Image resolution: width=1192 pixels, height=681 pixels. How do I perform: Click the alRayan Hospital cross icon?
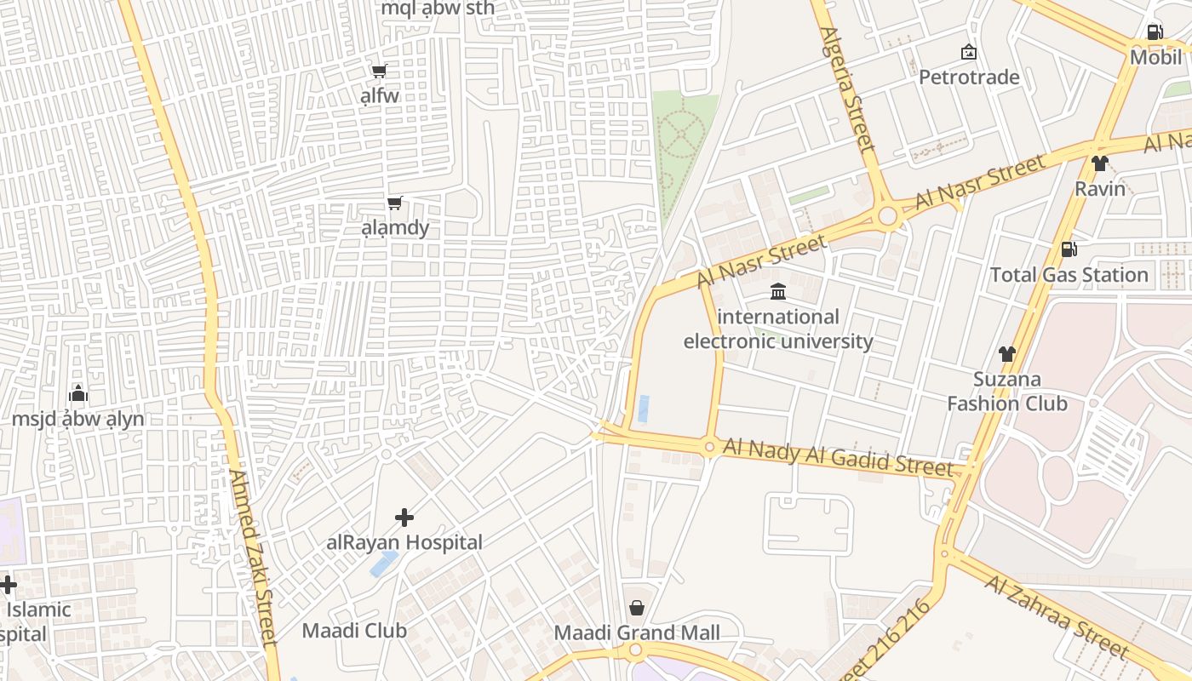404,517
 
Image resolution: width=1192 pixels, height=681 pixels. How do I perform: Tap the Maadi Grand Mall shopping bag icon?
636,608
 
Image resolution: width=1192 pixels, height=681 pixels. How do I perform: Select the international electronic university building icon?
778,292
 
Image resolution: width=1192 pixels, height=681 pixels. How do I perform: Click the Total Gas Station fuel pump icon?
1069,249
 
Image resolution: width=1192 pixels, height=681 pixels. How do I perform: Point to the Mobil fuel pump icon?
1155,32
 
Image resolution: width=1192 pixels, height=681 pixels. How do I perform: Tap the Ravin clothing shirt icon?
1100,163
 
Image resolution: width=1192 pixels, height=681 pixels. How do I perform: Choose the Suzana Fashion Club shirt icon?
1007,354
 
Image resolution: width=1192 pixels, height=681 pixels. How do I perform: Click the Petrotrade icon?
968,53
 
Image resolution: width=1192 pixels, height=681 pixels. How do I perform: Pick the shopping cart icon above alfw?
379,71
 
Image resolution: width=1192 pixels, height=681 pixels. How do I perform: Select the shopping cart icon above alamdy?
394,203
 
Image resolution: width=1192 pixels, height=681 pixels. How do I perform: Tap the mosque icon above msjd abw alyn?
78,394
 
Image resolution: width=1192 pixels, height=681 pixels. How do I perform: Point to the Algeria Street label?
848,89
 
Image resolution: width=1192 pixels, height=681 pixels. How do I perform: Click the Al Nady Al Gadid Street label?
838,457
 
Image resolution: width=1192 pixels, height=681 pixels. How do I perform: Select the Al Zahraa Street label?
1056,617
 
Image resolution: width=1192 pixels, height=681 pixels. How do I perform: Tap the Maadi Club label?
354,631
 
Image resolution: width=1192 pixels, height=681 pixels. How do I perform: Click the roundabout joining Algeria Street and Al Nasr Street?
888,216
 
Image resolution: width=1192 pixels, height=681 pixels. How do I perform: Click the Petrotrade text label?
969,77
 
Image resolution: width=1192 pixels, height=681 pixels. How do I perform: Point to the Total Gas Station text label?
1069,275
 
